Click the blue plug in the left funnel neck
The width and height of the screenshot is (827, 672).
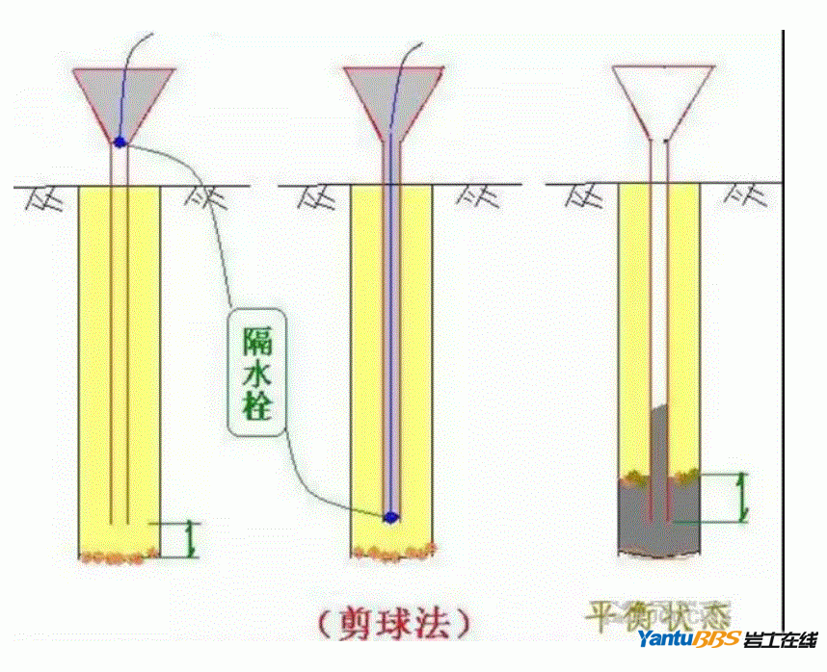120,142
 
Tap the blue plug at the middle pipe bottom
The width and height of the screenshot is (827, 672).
390,517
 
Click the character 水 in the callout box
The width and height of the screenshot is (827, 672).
257,375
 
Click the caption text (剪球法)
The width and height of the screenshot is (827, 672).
395,623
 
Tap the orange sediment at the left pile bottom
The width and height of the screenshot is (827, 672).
120,556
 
